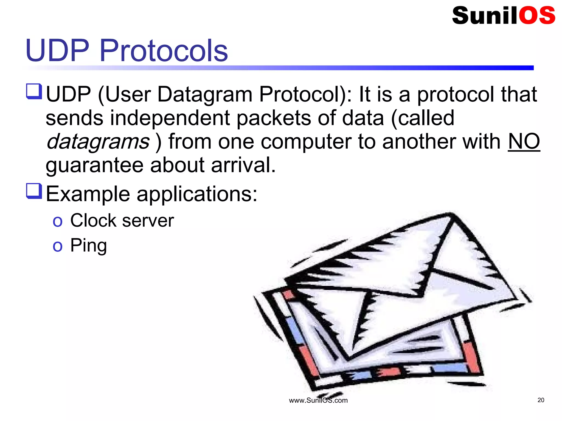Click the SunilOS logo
(503, 15)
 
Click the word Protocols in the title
(164, 50)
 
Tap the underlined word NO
(524, 141)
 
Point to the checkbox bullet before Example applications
(34, 191)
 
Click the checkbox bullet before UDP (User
(34, 92)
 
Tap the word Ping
(88, 245)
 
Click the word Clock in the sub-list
(93, 220)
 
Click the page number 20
(541, 400)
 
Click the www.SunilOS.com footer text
(318, 400)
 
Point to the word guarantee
(94, 166)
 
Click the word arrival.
(243, 165)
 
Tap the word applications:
(197, 194)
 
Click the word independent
(170, 118)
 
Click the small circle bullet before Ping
(58, 246)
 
